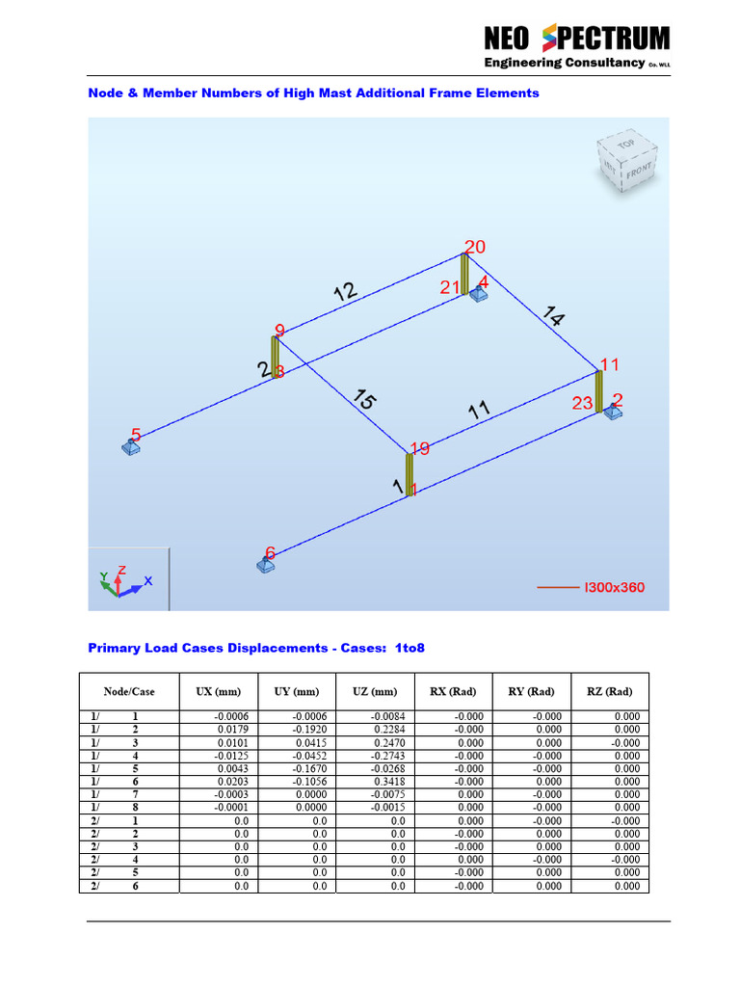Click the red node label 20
coord(475,248)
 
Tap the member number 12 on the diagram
coord(345,291)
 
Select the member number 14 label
coord(553,317)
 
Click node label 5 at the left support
coord(136,436)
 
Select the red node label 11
coord(609,365)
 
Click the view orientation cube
coord(625,158)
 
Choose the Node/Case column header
coord(128,692)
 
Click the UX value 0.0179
coord(233,730)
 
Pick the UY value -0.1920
coord(309,730)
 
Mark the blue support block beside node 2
coord(613,413)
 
